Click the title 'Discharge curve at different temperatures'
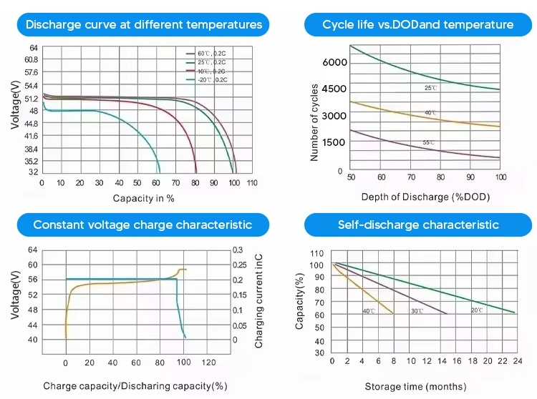143,25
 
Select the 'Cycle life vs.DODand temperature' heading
417,25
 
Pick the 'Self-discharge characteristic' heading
418,225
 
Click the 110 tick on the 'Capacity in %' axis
252,183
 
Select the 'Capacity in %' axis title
143,198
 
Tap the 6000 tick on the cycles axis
334,63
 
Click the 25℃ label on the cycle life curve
430,87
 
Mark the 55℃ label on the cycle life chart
428,143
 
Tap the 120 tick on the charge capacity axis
208,363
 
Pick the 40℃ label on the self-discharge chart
369,311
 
